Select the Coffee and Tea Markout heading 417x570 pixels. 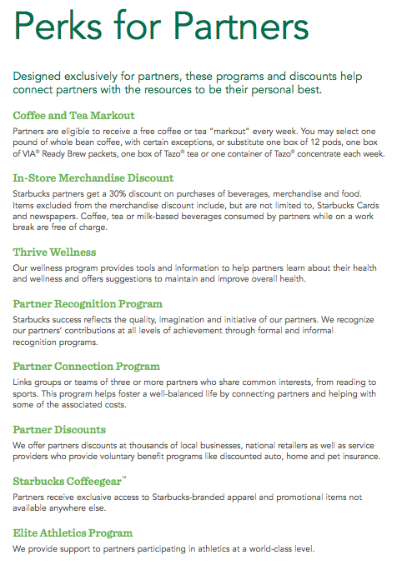pos(74,115)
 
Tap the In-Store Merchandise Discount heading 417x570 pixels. pos(93,177)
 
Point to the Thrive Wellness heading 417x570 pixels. pos(54,251)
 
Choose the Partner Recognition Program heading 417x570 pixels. pos(88,303)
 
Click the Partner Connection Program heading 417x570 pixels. pos(86,366)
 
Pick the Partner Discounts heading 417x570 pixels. pos(59,429)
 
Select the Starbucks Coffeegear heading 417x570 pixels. pos(67,481)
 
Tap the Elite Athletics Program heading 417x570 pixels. pos(73,532)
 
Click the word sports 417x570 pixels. pos(28,394)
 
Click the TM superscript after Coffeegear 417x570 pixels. pos(124,477)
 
